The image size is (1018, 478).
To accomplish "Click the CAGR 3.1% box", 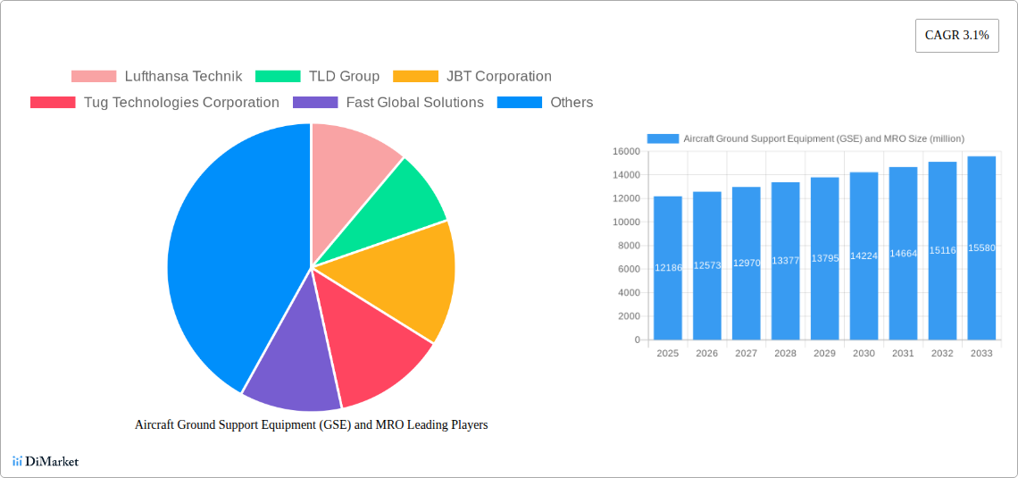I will pyautogui.click(x=956, y=36).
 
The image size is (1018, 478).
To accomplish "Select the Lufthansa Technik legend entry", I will pyautogui.click(x=156, y=77).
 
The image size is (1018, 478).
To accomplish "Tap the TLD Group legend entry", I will pyautogui.click(x=317, y=77).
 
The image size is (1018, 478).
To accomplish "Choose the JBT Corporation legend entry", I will pyautogui.click(x=472, y=77).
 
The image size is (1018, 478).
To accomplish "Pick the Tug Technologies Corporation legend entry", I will pyautogui.click(x=154, y=103).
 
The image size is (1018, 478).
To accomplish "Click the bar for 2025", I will pyautogui.click(x=667, y=268).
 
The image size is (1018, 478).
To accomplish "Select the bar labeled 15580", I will pyautogui.click(x=981, y=248).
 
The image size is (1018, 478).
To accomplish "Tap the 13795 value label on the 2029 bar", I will pyautogui.click(x=824, y=258).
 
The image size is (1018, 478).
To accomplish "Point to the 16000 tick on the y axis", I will pyautogui.click(x=626, y=151).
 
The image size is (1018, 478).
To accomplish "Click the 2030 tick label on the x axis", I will pyautogui.click(x=864, y=354).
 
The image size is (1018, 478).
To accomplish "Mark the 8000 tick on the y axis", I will pyautogui.click(x=629, y=246).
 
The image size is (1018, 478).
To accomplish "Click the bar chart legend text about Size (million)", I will pyautogui.click(x=822, y=138).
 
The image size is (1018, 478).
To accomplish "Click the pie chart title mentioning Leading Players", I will pyautogui.click(x=311, y=425).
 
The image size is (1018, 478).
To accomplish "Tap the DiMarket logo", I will pyautogui.click(x=46, y=461).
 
